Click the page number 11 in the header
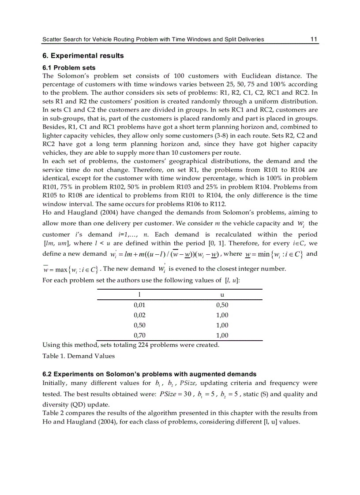coord(314,39)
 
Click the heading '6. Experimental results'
coord(83,56)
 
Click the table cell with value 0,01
coord(139,305)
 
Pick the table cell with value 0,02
coord(139,315)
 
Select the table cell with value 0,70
coord(139,335)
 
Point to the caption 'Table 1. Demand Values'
coord(78,356)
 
